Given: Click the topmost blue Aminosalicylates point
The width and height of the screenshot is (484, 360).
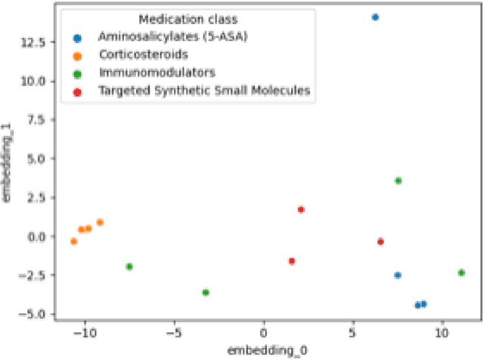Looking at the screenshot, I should click(x=375, y=17).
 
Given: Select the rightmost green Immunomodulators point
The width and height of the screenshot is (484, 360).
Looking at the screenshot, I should click(x=461, y=272).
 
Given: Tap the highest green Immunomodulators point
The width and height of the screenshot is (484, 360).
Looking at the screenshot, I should click(x=399, y=181).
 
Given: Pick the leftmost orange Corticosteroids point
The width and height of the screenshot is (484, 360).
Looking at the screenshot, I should click(x=73, y=241).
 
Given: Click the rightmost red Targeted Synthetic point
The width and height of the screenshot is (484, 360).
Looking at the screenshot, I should click(x=380, y=241).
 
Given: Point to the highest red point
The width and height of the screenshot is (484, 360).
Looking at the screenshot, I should click(x=301, y=209).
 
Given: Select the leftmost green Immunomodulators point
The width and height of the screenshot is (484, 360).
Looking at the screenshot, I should click(x=129, y=266).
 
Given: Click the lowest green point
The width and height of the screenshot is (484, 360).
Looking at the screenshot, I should click(x=206, y=292).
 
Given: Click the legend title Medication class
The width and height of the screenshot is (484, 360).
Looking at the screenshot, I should click(x=185, y=18).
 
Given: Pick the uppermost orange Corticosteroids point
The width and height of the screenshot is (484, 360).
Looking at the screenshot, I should click(x=100, y=222).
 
